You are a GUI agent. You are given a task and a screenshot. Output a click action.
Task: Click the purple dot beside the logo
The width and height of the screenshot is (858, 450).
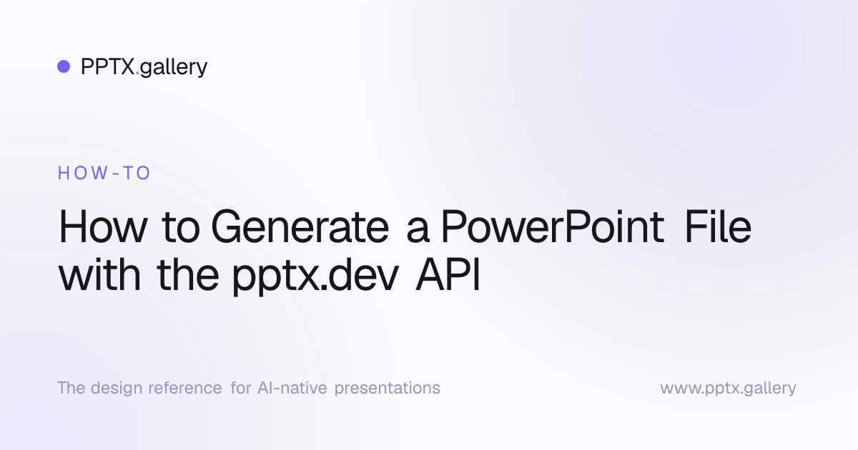(64, 66)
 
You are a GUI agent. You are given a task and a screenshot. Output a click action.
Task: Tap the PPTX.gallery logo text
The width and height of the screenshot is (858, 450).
(144, 67)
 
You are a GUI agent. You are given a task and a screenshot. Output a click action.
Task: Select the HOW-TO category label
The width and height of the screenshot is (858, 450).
(104, 173)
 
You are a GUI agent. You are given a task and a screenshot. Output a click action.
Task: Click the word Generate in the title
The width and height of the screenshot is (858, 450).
(300, 227)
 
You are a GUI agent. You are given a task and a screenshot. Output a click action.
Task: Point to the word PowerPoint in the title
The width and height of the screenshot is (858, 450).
(553, 227)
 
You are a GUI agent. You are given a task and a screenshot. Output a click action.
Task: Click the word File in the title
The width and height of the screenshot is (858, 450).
(718, 227)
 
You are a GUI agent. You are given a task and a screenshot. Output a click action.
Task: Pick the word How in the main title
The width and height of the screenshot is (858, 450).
(103, 227)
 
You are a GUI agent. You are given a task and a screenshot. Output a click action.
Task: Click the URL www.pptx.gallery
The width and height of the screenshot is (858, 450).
(728, 389)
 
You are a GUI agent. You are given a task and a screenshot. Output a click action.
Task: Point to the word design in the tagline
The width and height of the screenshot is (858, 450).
(117, 389)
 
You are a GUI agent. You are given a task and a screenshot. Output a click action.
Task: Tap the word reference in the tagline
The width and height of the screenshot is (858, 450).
(185, 389)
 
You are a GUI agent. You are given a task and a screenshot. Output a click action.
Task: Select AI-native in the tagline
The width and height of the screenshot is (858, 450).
(292, 388)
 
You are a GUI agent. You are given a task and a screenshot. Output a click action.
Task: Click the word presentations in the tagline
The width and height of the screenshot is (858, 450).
(388, 389)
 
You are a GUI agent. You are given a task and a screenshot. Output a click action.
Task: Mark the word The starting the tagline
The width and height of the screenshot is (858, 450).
(71, 388)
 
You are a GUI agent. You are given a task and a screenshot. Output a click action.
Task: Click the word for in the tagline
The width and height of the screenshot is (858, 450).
(241, 388)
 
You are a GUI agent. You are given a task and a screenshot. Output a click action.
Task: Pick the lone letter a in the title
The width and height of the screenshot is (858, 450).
(418, 231)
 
